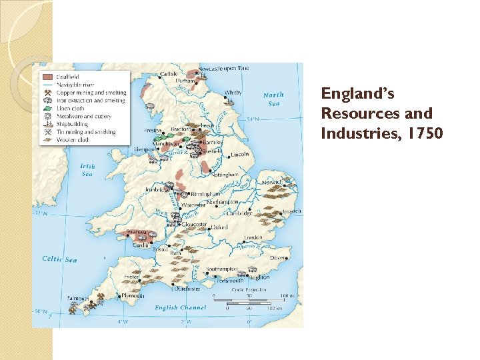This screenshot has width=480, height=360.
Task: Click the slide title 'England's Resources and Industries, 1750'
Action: pyautogui.click(x=376, y=113)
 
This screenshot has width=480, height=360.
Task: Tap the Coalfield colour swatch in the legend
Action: pyautogui.click(x=47, y=77)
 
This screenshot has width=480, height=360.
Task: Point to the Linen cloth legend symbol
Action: pyautogui.click(x=47, y=109)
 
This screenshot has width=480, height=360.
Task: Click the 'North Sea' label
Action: pyautogui.click(x=273, y=99)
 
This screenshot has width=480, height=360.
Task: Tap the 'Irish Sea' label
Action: pyautogui.click(x=87, y=170)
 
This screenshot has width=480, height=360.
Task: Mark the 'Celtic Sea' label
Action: pyautogui.click(x=59, y=259)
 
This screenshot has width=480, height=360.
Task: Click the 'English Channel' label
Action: pyautogui.click(x=180, y=308)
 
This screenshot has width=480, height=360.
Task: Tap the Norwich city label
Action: pyautogui.click(x=271, y=181)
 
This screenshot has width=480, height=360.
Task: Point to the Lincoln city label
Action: pyautogui.click(x=239, y=155)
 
